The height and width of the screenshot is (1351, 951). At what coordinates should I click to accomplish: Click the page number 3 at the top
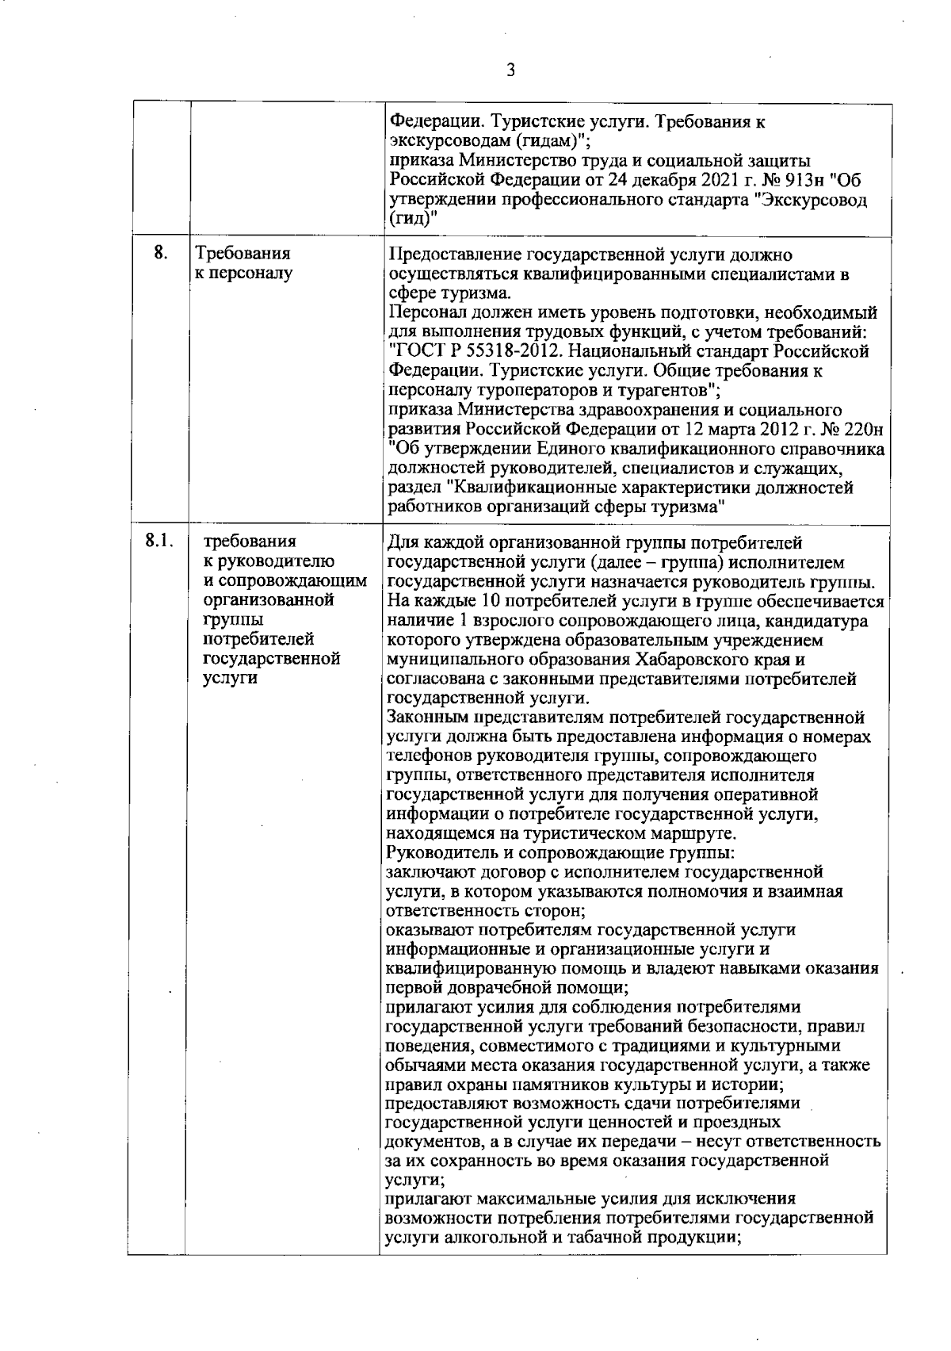pos(510,70)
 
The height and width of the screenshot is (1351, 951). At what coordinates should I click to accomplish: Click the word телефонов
pos(427,756)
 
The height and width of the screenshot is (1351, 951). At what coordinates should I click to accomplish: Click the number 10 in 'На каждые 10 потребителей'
pos(491,602)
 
